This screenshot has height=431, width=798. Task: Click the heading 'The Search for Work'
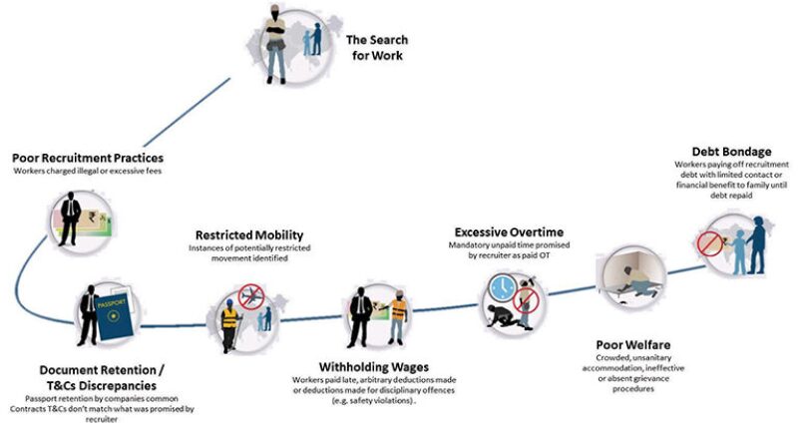tap(376, 48)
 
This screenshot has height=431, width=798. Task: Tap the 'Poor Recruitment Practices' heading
tap(88, 158)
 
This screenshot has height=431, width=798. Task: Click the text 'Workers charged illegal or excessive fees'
tap(88, 172)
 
